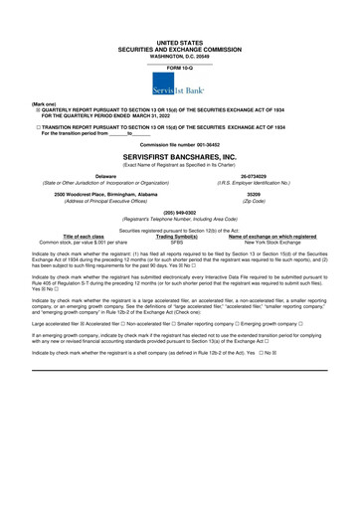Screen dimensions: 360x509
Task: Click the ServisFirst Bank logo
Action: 179,63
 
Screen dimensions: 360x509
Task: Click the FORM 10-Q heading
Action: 179,41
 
